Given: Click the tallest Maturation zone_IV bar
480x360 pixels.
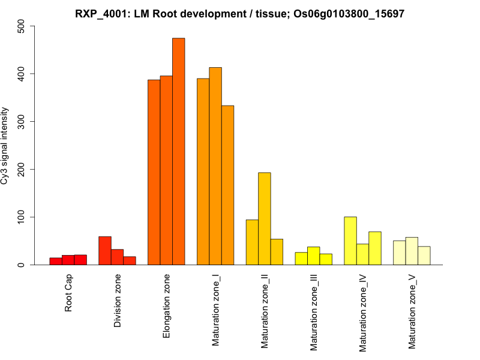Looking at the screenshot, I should pyautogui.click(x=350, y=241).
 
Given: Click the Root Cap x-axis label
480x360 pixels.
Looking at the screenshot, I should pyautogui.click(x=68, y=293).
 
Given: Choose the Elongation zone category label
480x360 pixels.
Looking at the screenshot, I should pyautogui.click(x=167, y=305).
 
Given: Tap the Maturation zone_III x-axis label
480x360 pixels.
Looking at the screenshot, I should pyautogui.click(x=314, y=312).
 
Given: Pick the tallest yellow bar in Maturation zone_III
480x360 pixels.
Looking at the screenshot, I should pyautogui.click(x=313, y=256).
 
